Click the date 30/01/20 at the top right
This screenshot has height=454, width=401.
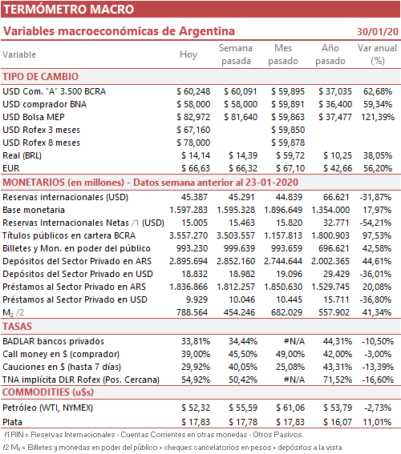pos(378,31)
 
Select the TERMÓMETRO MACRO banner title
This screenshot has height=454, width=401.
pos(69,10)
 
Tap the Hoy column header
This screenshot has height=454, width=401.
pos(188,54)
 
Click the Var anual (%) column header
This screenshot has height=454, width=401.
pos(377,54)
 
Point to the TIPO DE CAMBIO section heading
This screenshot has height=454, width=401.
pos(41,77)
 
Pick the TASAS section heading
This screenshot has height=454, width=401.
pos(17,327)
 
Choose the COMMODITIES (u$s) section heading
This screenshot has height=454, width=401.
pos(48,392)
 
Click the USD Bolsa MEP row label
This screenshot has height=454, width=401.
pos(34,117)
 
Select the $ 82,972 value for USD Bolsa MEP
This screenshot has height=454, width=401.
pos(193,117)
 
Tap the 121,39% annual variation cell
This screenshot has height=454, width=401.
pos(378,117)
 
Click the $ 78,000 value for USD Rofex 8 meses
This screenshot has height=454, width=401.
pos(193,143)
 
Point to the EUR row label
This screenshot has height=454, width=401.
pos(11,168)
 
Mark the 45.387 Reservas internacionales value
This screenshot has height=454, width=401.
pos(194,197)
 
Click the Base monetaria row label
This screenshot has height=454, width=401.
pos(34,210)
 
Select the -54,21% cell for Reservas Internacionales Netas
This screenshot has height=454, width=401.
pos(375,223)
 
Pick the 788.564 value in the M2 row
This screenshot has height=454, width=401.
pos(192,312)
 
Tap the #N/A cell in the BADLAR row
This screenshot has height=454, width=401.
pos(294,341)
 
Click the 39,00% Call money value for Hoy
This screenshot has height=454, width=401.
pos(196,354)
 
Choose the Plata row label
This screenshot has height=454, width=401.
pos(13,422)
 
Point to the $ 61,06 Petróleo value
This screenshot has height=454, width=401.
pos(290,408)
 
